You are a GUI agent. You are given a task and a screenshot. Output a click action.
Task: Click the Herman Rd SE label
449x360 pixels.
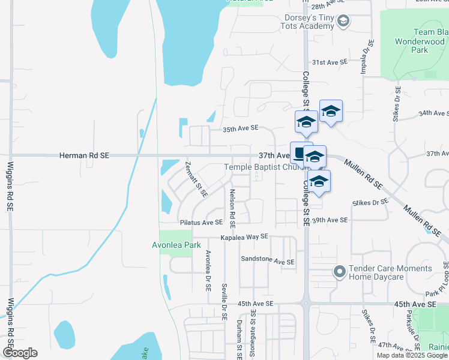[84, 155]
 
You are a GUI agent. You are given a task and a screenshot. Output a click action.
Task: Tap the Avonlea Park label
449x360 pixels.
[175, 245]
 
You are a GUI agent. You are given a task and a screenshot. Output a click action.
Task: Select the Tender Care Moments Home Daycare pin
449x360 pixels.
[339, 272]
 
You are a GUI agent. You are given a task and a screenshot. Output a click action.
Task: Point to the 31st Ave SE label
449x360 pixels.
[330, 62]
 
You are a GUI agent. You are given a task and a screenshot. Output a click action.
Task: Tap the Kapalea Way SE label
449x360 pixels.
[244, 237]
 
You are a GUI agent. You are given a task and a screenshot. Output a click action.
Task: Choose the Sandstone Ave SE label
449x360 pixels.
[268, 262]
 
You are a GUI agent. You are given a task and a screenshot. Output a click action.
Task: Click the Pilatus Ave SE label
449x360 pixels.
[202, 223]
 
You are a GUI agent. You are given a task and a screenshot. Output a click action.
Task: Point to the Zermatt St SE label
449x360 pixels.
[196, 179]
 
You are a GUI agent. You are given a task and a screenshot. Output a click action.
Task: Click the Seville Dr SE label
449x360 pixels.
[223, 302]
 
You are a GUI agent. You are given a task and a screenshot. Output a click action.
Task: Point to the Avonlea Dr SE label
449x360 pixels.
[208, 270]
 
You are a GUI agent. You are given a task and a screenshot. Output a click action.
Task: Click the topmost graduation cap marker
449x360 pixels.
[331, 112]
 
